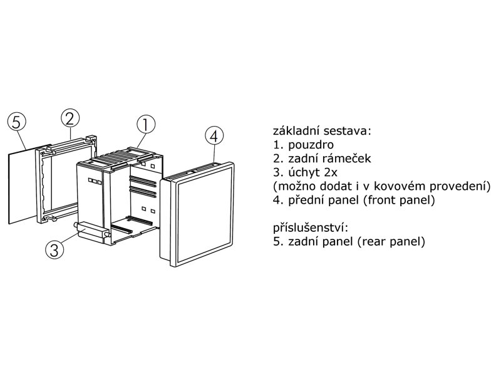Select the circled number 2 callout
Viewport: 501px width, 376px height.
click(x=70, y=118)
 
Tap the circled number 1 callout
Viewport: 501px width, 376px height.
click(x=146, y=125)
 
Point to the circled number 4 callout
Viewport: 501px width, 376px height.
click(x=214, y=136)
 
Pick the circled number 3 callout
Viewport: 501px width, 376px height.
click(x=55, y=249)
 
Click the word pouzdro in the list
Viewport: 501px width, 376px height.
click(x=311, y=145)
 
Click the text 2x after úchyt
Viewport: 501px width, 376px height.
click(x=331, y=173)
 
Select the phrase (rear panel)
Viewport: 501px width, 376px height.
click(x=391, y=241)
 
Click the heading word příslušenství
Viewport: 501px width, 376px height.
click(x=310, y=228)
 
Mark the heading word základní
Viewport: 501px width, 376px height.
click(x=296, y=131)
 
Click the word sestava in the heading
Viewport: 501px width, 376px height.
click(x=346, y=132)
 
